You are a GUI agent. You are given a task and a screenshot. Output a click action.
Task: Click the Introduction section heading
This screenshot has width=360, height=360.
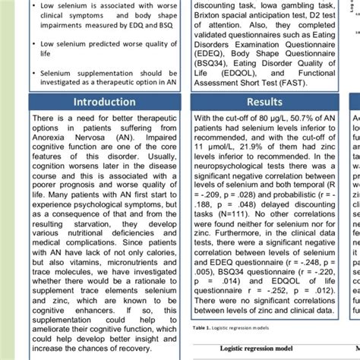tap(104, 101)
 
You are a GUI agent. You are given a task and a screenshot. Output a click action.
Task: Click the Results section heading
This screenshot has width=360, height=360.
tap(264, 101)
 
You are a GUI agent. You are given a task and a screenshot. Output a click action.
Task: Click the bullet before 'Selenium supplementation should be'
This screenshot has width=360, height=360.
tap(36, 71)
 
